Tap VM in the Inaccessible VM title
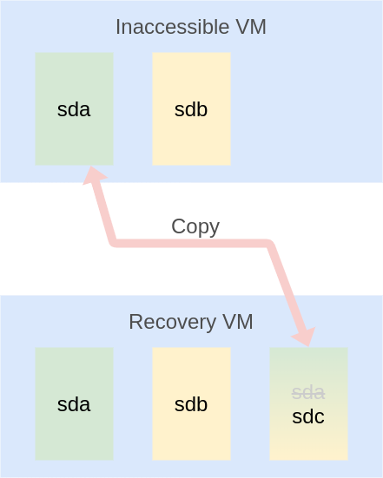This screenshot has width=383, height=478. tap(250, 27)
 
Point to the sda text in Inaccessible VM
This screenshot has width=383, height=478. tap(74, 109)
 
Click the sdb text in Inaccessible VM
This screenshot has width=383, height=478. tap(191, 109)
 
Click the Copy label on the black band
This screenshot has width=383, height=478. tap(195, 226)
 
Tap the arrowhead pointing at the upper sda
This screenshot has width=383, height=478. tap(94, 177)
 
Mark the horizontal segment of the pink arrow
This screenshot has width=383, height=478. tap(191, 242)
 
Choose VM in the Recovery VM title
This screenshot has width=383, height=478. tap(237, 322)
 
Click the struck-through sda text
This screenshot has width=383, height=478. tap(308, 392)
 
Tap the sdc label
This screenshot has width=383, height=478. tap(308, 416)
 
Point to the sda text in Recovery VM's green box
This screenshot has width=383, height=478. tap(74, 404)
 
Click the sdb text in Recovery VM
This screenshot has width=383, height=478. tap(191, 404)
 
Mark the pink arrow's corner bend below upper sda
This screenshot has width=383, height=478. tap(114, 241)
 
